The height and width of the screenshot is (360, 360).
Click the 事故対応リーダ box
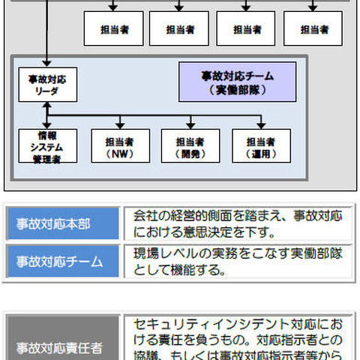coord(47,84)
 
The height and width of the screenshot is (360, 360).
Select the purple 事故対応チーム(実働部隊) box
coord(237,82)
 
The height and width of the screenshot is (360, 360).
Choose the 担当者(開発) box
coord(190,146)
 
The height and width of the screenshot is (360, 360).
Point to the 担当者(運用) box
coord(261,146)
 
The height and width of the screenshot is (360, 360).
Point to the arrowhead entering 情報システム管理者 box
coord(47,124)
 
